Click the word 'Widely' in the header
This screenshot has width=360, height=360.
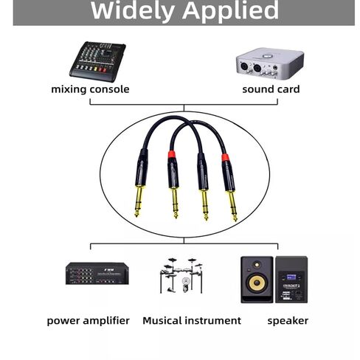[x=133, y=10]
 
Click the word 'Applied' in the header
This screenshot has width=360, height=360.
[x=230, y=11]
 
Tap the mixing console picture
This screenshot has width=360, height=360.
[x=97, y=61]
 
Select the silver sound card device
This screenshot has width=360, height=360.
[x=270, y=63]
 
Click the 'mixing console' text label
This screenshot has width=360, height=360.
[x=90, y=89]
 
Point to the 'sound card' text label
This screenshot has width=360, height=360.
[x=271, y=89]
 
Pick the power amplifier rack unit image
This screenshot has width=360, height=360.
[x=97, y=274]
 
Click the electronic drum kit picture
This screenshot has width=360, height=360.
[x=181, y=275]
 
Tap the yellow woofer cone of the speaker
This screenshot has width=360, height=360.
[x=257, y=283]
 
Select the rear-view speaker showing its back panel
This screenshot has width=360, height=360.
[x=291, y=280]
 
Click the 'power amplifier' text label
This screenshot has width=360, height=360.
[x=88, y=321]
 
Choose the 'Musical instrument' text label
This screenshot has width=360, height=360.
[x=192, y=321]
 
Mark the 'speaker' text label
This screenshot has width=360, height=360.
[x=288, y=321]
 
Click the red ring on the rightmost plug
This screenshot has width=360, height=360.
[x=226, y=157]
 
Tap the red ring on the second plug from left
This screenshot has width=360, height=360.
[x=172, y=154]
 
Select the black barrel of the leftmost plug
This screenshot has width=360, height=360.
[x=142, y=167]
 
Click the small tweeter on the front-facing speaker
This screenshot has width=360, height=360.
[x=257, y=265]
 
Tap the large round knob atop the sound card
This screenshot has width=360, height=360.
[x=268, y=56]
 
